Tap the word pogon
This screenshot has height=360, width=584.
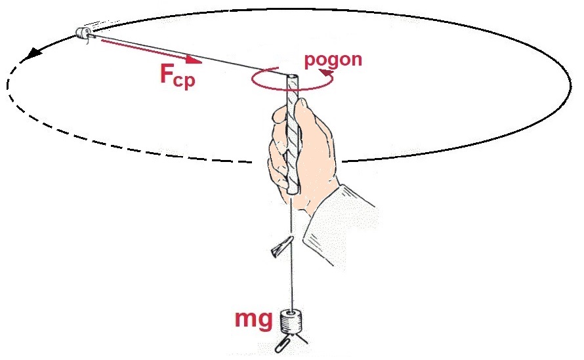[333, 59]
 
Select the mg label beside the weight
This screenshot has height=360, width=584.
[253, 320]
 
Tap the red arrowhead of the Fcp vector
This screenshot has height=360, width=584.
[194, 60]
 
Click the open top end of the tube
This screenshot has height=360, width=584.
[293, 77]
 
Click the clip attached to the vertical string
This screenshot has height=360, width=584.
[278, 247]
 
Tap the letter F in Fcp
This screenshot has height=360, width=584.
[167, 73]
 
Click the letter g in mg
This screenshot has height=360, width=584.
[264, 322]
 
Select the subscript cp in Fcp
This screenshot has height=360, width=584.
[186, 81]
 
